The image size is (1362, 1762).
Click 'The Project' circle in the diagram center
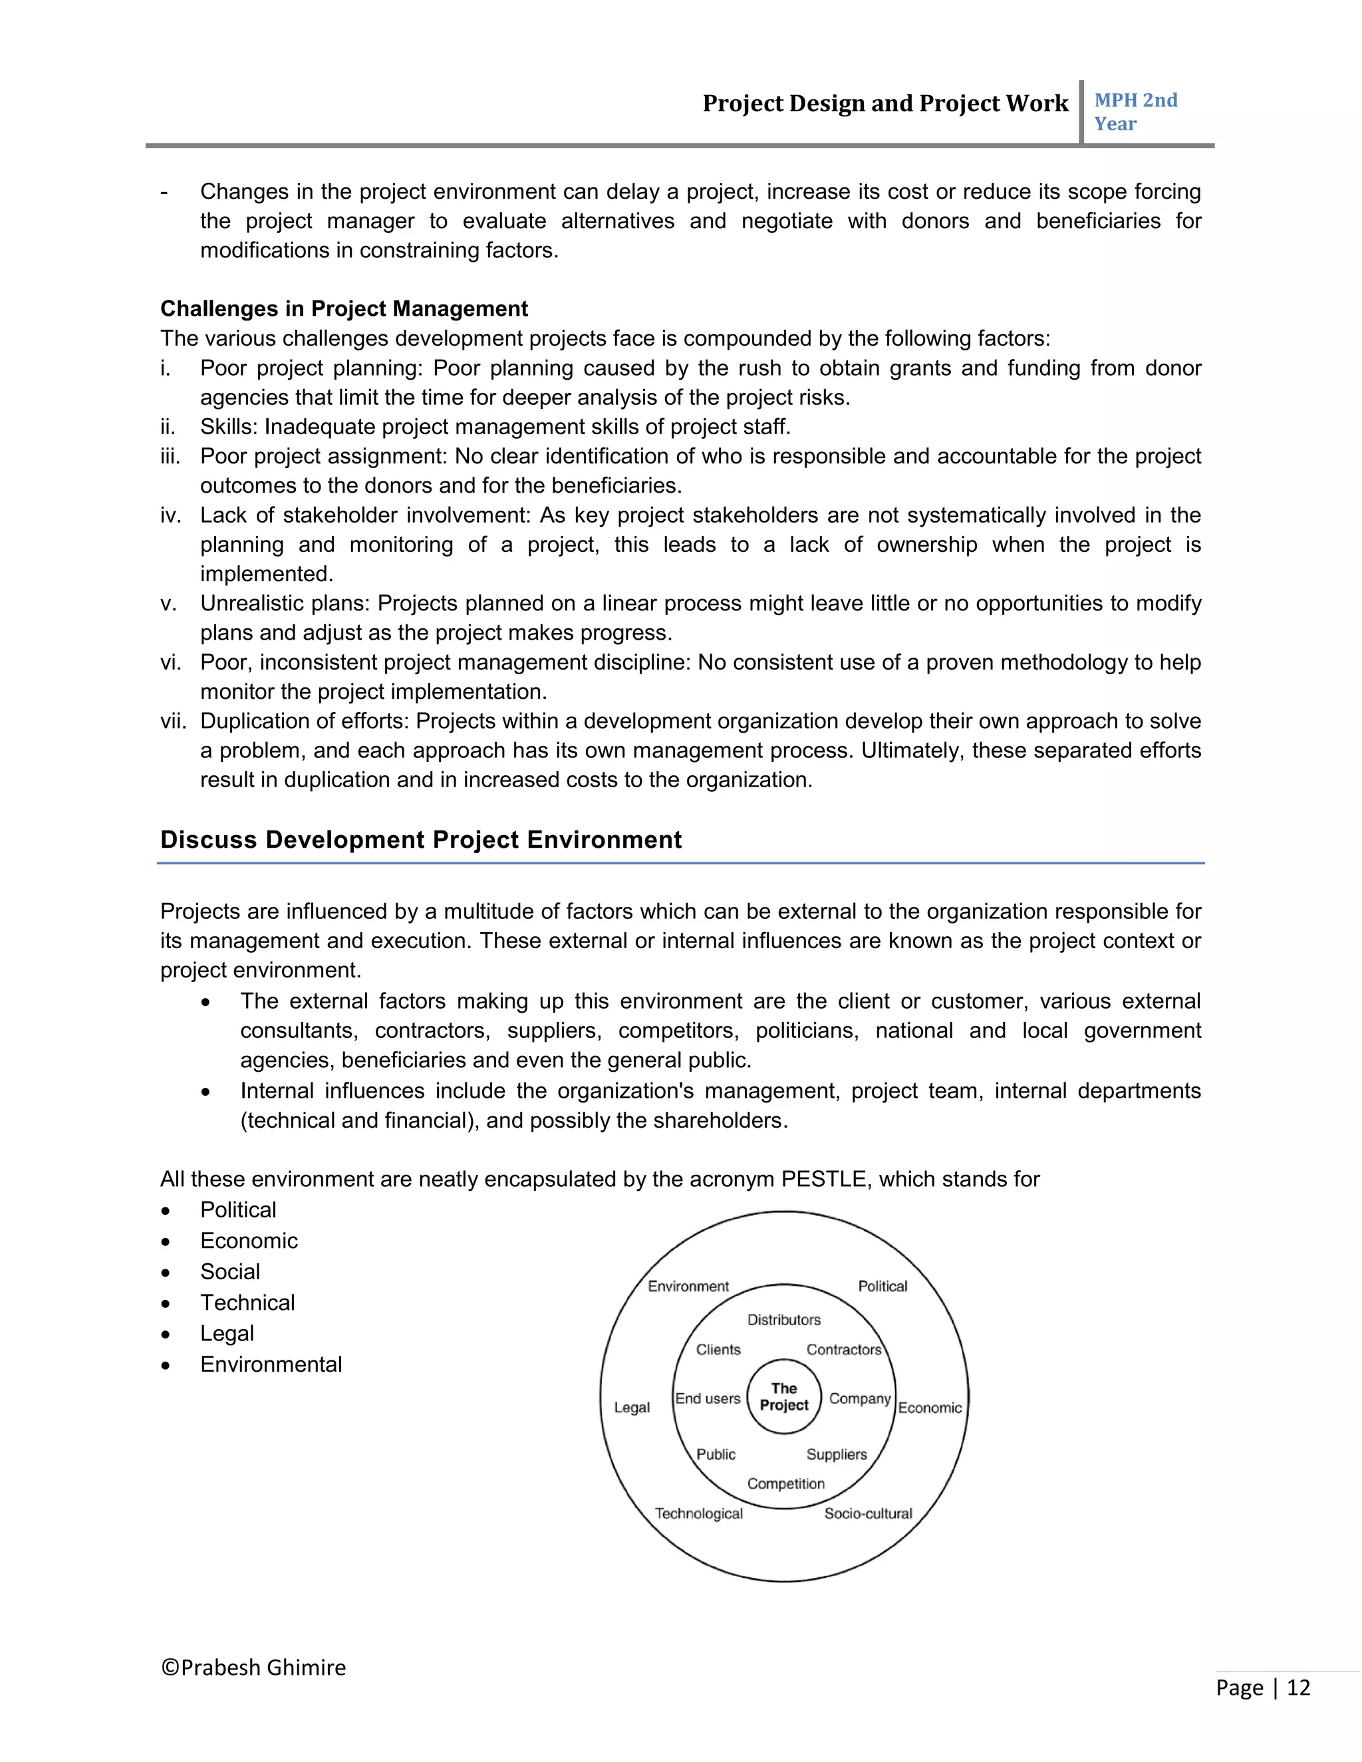click(783, 1396)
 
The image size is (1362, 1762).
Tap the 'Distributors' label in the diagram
click(783, 1320)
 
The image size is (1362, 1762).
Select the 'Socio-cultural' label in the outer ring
click(867, 1513)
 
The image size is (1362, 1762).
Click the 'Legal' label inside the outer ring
click(631, 1407)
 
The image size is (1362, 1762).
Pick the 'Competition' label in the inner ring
click(785, 1483)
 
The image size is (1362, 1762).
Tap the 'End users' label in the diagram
click(707, 1398)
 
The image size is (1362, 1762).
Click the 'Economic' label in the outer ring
click(930, 1408)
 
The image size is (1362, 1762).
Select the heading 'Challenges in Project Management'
click(344, 309)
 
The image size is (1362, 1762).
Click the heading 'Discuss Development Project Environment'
click(420, 840)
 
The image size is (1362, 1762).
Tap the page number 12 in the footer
click(1297, 1688)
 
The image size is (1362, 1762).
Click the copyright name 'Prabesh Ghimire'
click(263, 1668)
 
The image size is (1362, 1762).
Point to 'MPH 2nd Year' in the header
click(1135, 111)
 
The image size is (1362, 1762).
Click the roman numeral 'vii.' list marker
click(173, 721)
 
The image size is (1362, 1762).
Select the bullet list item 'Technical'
click(247, 1302)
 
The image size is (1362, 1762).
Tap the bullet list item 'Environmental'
click(271, 1364)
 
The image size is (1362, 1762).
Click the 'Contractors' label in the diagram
click(843, 1350)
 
